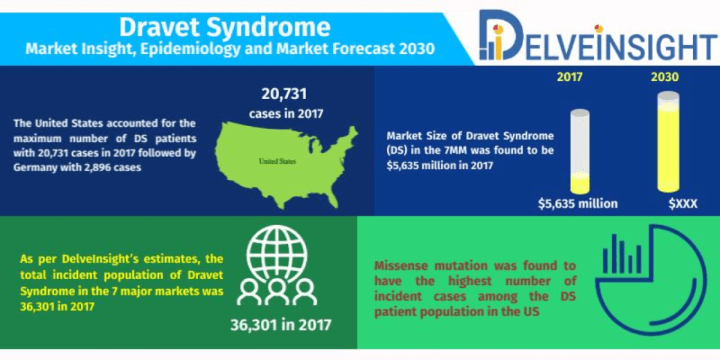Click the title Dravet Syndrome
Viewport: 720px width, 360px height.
pos(224,26)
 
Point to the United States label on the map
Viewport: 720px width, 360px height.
pos(278,162)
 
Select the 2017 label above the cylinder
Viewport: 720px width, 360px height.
pos(570,77)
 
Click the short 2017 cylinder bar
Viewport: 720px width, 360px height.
pos(580,152)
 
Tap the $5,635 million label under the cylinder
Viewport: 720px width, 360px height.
pos(578,203)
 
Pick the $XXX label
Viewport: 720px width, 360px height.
pos(683,203)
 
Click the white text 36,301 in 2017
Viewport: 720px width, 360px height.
pos(280,325)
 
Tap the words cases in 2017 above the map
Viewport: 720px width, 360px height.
pos(285,113)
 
